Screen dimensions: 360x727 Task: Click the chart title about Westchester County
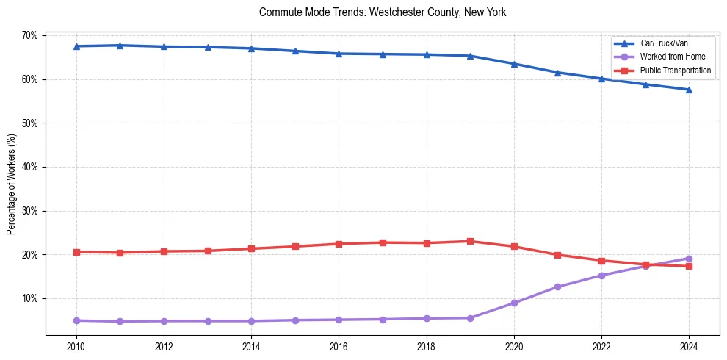pos(383,12)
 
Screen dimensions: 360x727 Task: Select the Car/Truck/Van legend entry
pos(664,43)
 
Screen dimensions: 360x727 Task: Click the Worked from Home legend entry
pos(673,57)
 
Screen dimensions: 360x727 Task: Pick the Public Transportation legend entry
pos(676,71)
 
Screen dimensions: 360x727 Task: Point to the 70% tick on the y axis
pos(29,35)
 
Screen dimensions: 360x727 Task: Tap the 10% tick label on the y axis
pos(29,298)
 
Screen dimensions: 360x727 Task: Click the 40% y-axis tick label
pos(29,167)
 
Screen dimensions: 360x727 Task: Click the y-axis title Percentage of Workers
pos(12,184)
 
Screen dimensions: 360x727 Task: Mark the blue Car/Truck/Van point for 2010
pos(76,46)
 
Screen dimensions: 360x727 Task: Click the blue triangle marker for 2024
pos(689,90)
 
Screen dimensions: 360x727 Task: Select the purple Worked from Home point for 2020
pos(514,303)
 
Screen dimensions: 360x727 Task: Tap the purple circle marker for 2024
pos(689,259)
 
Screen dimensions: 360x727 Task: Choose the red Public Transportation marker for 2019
pos(470,241)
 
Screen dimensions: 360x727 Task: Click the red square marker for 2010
pos(76,252)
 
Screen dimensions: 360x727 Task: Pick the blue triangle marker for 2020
pos(514,64)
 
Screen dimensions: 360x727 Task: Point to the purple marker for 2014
pos(251,321)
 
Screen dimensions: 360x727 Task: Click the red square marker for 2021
pos(557,255)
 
